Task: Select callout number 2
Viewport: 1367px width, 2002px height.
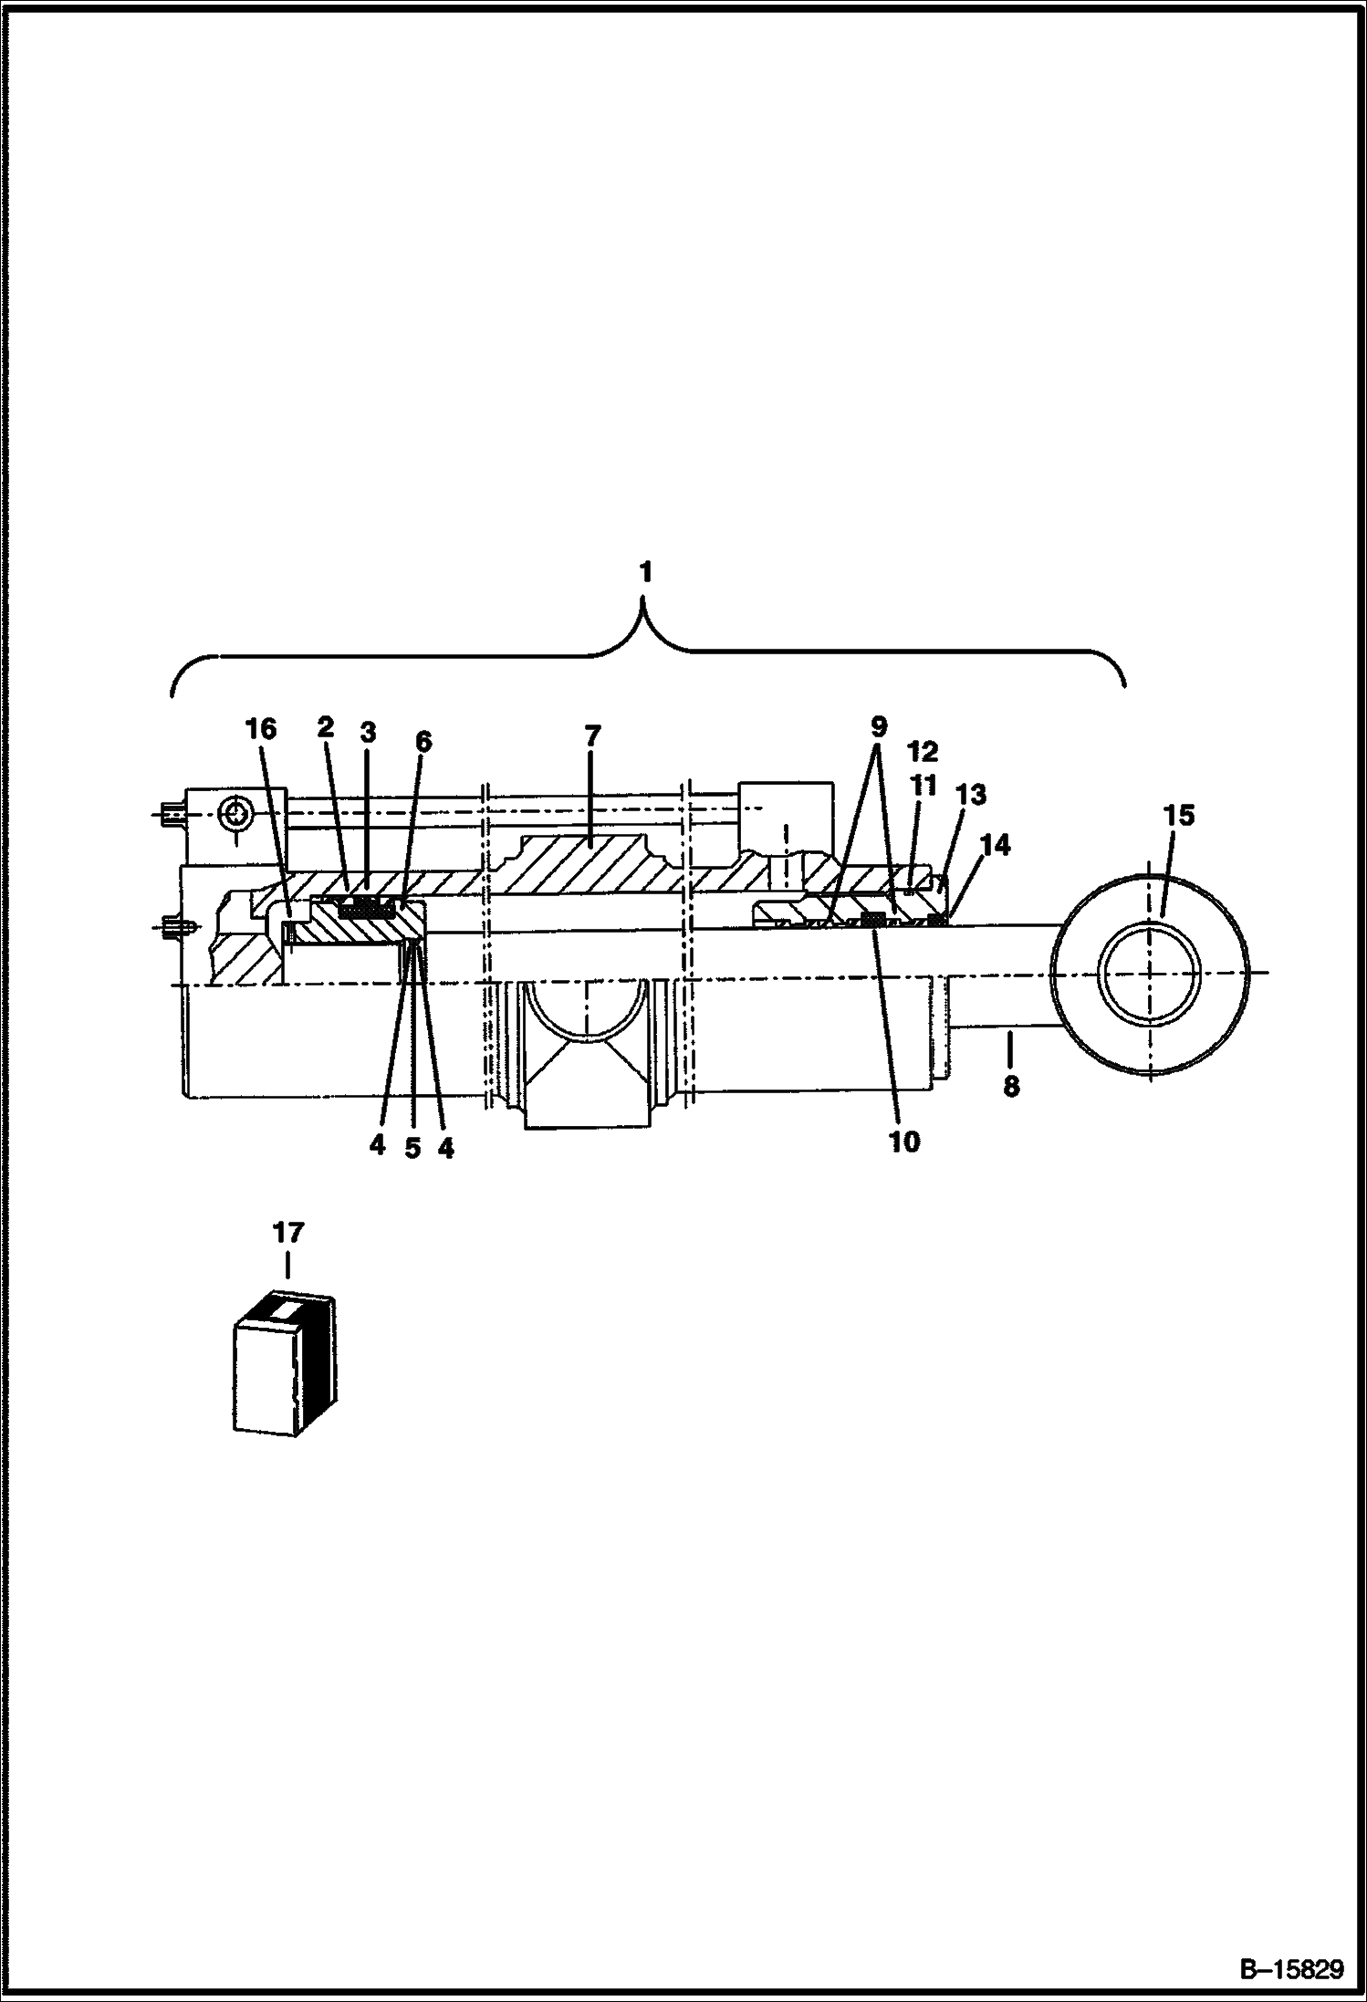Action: click(326, 727)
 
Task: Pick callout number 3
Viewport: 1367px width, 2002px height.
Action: click(367, 732)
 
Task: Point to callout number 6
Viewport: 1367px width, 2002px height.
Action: click(423, 741)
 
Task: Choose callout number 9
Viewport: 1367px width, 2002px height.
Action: click(878, 727)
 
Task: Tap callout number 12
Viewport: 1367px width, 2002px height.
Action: click(923, 752)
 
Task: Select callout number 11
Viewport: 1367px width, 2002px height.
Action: click(923, 785)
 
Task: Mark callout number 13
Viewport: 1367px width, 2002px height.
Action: click(970, 795)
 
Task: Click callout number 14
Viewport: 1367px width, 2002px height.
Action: click(996, 845)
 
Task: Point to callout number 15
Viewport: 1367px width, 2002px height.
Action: click(1179, 815)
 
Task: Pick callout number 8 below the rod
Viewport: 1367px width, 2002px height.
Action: click(1011, 1086)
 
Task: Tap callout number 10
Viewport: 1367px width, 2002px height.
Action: click(904, 1141)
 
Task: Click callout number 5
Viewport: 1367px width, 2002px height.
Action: click(412, 1148)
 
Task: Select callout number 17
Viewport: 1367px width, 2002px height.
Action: click(287, 1233)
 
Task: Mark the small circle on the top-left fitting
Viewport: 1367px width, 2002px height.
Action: click(236, 813)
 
